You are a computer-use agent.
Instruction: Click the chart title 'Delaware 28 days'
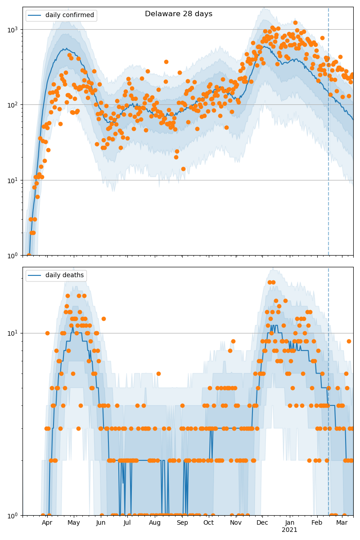(179, 14)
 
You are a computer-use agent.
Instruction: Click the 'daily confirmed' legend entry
(69, 15)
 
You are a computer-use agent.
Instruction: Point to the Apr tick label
(47, 523)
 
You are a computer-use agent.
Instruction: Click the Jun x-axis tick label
(101, 523)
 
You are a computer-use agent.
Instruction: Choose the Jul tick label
(127, 523)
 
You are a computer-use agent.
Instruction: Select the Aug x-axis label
(155, 523)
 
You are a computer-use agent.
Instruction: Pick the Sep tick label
(182, 523)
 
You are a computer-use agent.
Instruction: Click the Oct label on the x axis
(208, 523)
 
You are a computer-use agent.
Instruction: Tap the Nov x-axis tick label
(236, 523)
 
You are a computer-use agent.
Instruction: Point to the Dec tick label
(262, 523)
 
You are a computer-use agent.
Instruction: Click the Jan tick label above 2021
(290, 523)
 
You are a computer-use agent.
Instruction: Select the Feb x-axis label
(317, 523)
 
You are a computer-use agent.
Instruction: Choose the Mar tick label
(342, 523)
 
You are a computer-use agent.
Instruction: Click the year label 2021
(290, 530)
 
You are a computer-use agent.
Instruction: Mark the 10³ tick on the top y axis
(13, 29)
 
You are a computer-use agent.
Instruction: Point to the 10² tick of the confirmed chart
(13, 105)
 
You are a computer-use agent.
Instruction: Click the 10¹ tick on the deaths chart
(13, 333)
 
